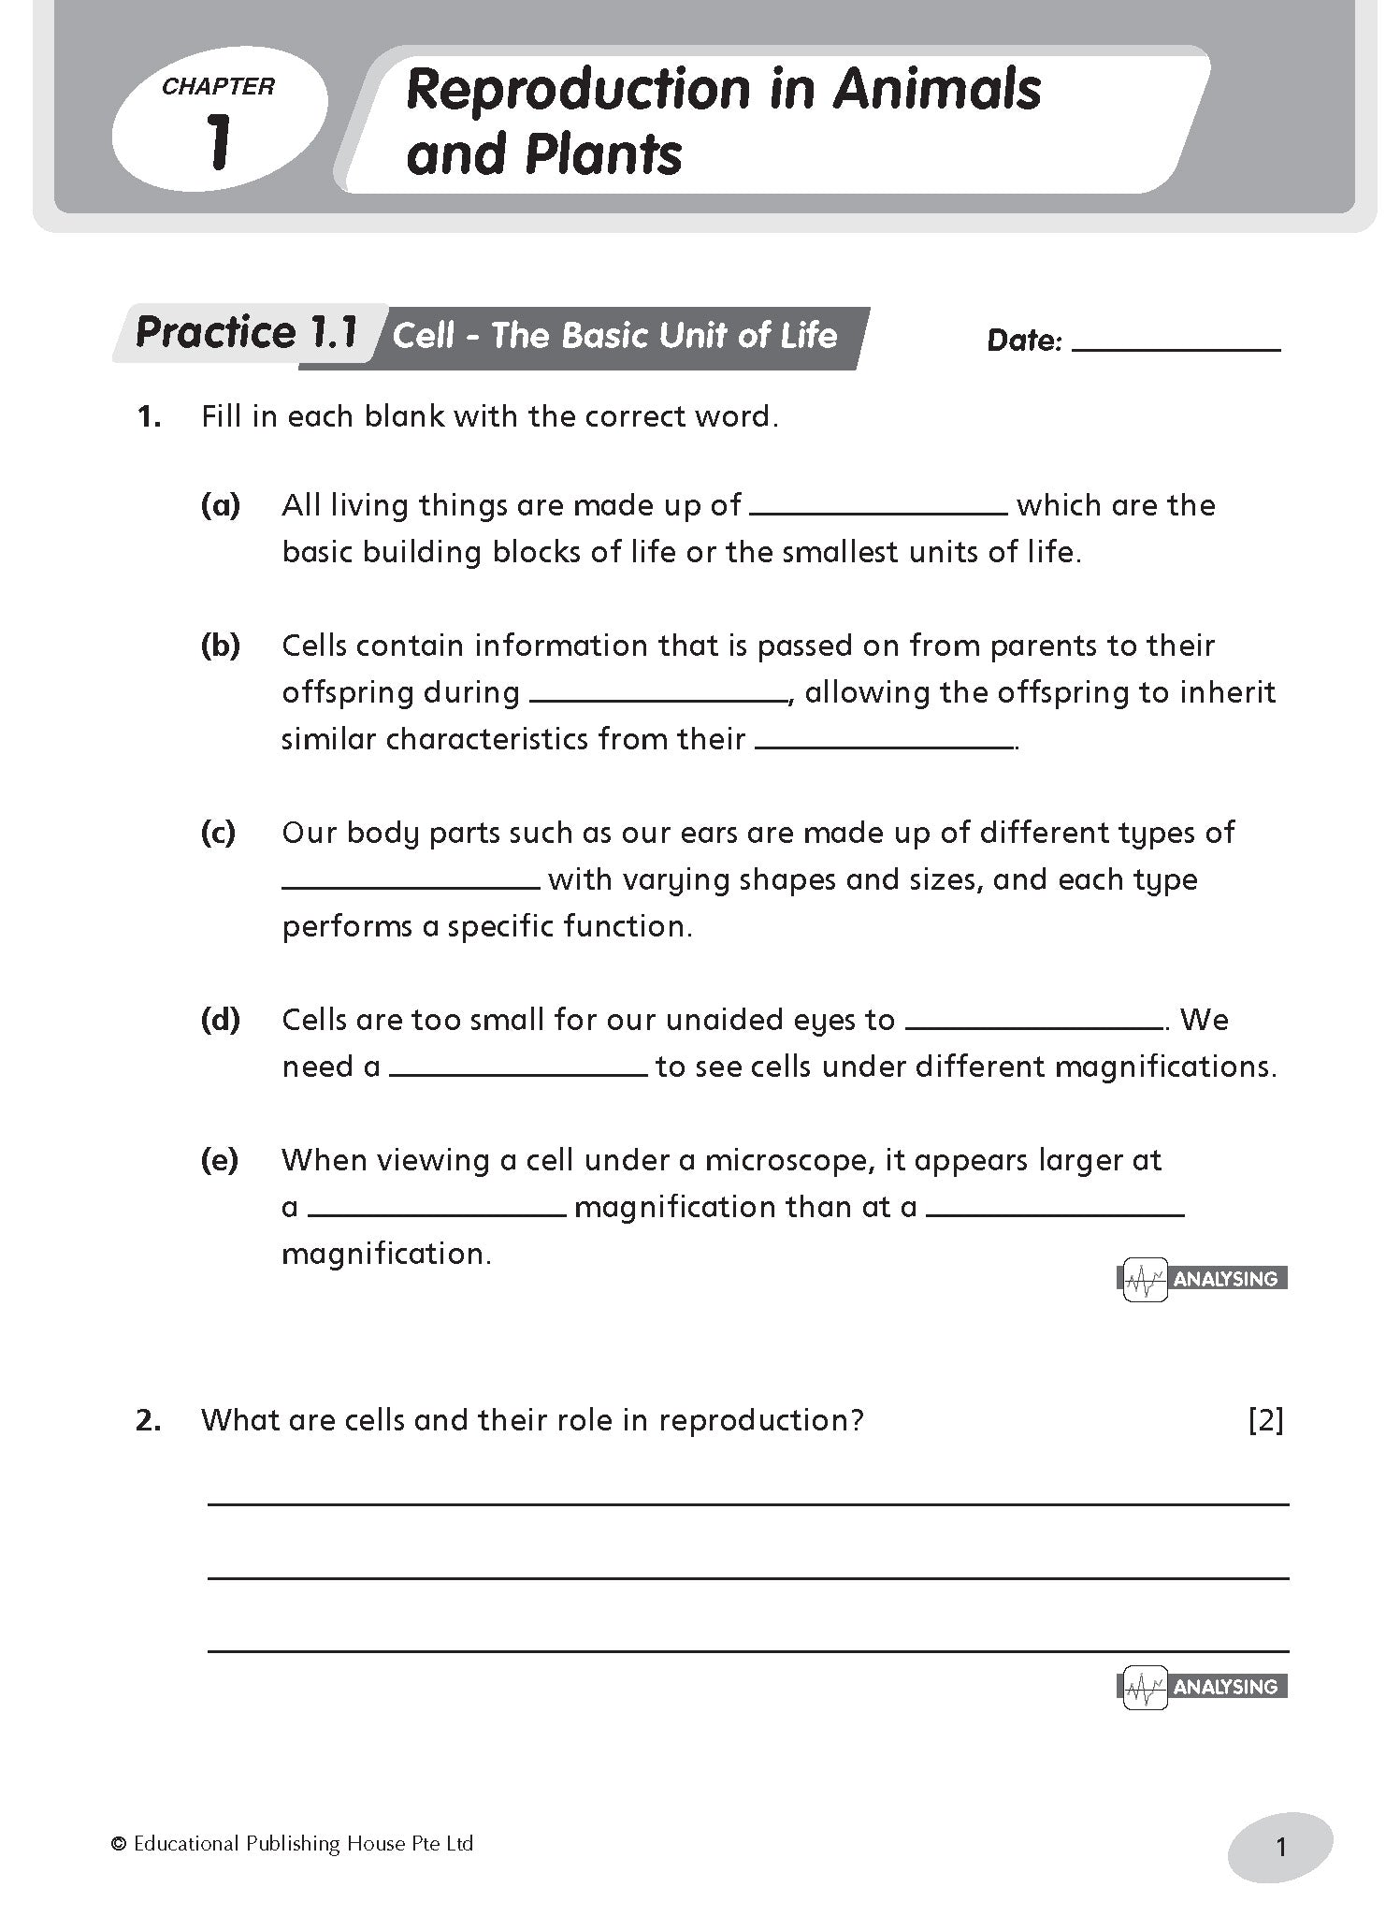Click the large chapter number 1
(219, 140)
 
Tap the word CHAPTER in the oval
(218, 87)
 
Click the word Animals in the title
(936, 90)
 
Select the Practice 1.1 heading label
(247, 333)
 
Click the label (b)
(220, 646)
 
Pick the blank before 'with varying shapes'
(411, 885)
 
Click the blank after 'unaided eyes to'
(1033, 1025)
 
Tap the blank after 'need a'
(518, 1072)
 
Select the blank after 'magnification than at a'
(1055, 1212)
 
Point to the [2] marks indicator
(1265, 1420)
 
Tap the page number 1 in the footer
(1280, 1847)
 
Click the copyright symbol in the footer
(118, 1844)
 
